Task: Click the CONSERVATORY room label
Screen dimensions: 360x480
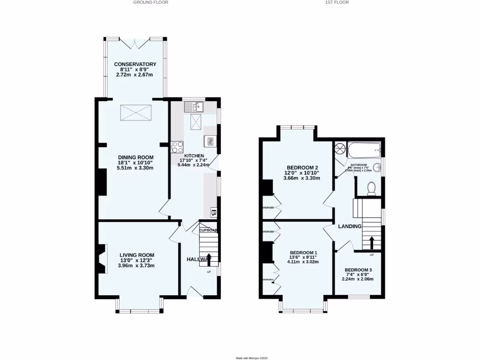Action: pos(135,64)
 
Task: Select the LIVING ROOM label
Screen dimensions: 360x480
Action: pos(136,255)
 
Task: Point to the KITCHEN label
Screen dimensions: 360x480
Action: pos(194,156)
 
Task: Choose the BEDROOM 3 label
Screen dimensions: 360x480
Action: pos(358,270)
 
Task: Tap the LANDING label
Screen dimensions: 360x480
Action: pos(350,226)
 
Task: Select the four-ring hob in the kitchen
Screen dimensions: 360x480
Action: pos(178,147)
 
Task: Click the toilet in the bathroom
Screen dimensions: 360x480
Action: pos(372,188)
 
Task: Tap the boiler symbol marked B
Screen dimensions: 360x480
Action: pos(214,212)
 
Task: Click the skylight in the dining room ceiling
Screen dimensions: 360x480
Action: pos(136,112)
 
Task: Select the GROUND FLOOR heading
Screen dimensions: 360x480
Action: pos(150,2)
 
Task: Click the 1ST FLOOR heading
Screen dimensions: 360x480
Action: pos(337,2)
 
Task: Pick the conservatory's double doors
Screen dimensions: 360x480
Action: pos(135,43)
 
